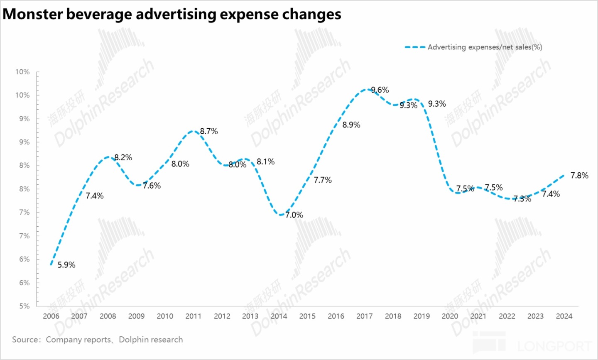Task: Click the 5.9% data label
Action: [x=66, y=265]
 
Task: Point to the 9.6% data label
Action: [x=380, y=90]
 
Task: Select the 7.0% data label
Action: [x=294, y=215]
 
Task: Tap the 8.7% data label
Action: [x=209, y=131]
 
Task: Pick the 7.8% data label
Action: [x=579, y=176]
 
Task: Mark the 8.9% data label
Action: [x=351, y=125]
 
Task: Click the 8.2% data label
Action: [x=123, y=158]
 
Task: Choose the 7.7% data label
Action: [x=323, y=180]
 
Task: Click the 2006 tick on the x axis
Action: [x=51, y=316]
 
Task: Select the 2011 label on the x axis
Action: [x=194, y=316]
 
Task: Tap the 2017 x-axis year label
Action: [x=365, y=316]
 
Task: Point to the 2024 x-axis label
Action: [x=564, y=316]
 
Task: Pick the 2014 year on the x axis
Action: [x=279, y=316]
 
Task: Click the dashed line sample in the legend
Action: [x=415, y=47]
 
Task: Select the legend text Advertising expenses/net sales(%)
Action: [x=485, y=47]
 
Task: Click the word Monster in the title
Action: [x=33, y=14]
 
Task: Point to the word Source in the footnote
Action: [x=25, y=340]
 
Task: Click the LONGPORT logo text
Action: [x=554, y=345]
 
